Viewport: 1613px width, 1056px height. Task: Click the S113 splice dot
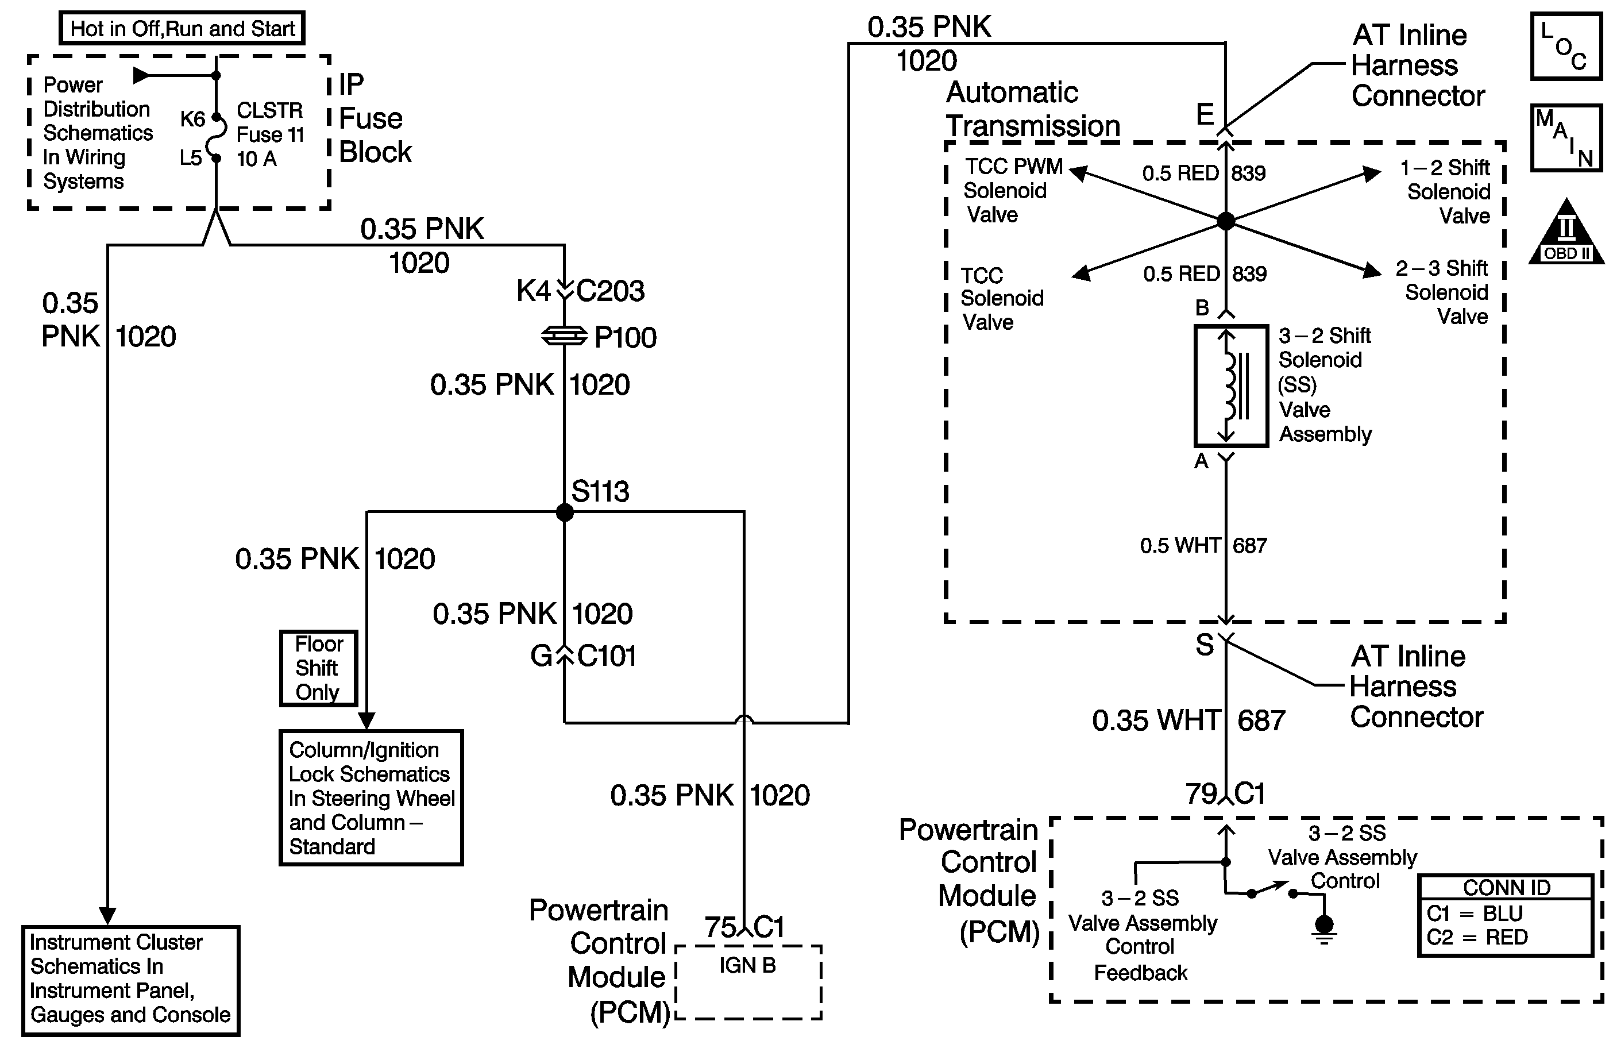click(x=565, y=512)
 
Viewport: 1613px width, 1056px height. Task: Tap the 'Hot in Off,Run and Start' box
click(x=182, y=29)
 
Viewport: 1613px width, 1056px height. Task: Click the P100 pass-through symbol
click(x=564, y=336)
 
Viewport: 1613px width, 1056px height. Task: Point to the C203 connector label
click(x=610, y=291)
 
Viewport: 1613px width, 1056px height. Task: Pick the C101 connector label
click(x=607, y=656)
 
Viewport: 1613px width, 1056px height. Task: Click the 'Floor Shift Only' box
click(x=319, y=668)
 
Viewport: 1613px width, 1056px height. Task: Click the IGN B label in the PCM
click(x=747, y=965)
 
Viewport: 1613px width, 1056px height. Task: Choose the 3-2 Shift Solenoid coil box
click(x=1231, y=386)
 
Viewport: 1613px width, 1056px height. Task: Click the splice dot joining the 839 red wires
click(x=1225, y=221)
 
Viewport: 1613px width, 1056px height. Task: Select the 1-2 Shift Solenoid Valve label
click(x=1448, y=192)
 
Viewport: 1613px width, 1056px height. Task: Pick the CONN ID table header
click(x=1506, y=887)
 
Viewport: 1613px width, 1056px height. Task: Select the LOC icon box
click(x=1566, y=46)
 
